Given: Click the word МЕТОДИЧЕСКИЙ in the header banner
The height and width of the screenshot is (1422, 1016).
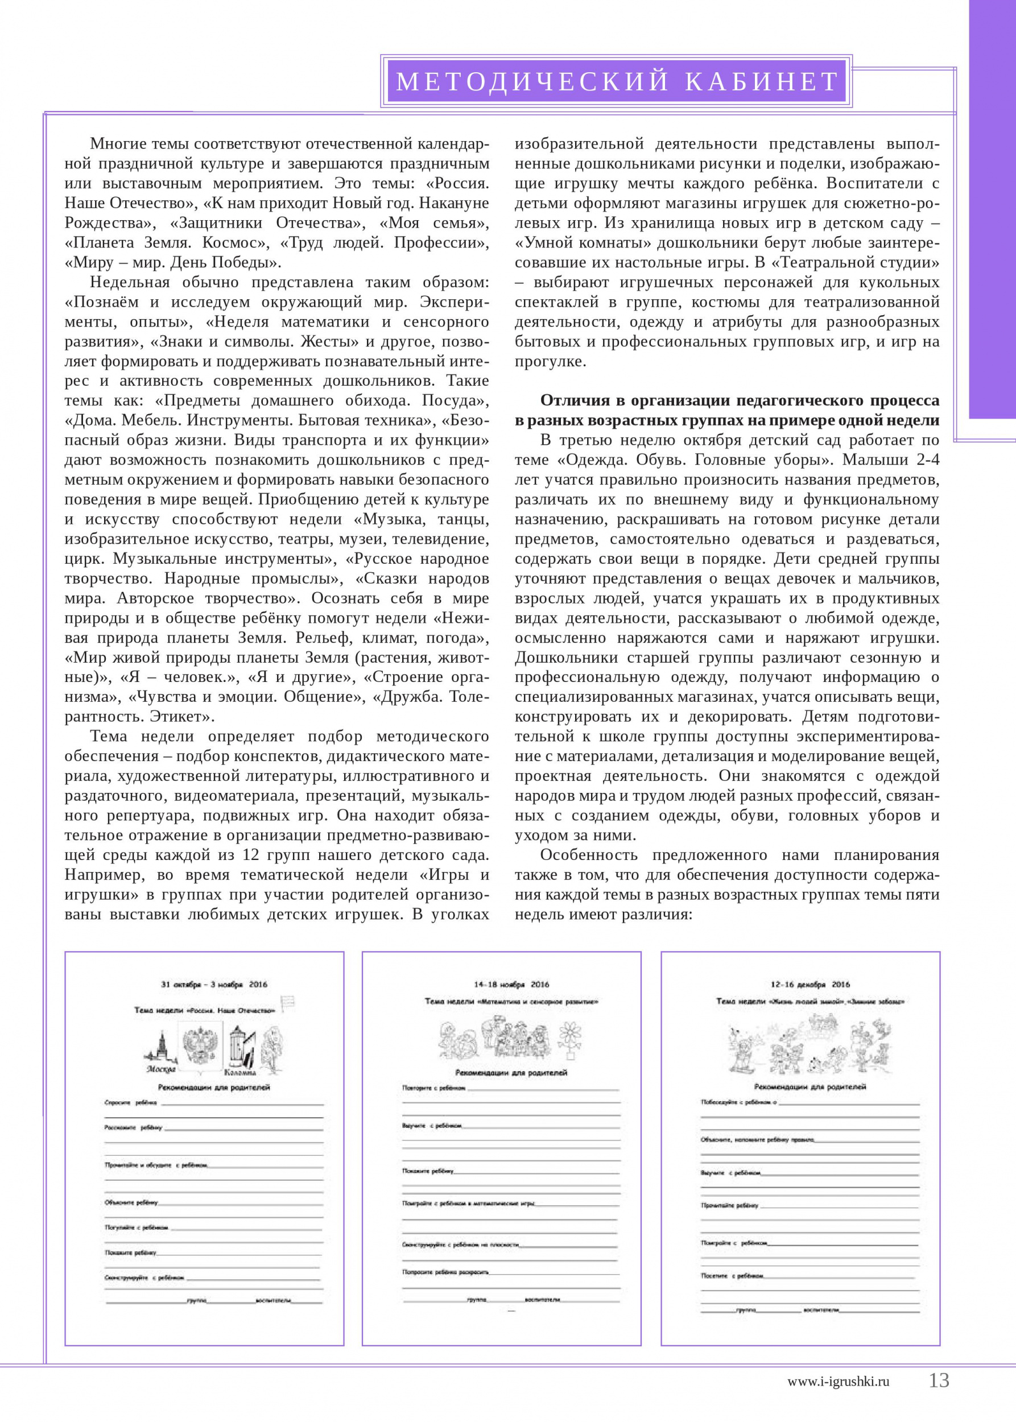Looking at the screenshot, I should coord(532,82).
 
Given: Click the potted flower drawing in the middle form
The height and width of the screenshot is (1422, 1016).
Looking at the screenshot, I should coord(570,1038).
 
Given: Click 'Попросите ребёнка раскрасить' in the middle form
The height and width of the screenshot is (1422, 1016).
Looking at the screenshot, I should coord(445,1272).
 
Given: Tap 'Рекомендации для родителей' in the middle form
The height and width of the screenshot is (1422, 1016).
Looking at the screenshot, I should coord(511,1073).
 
